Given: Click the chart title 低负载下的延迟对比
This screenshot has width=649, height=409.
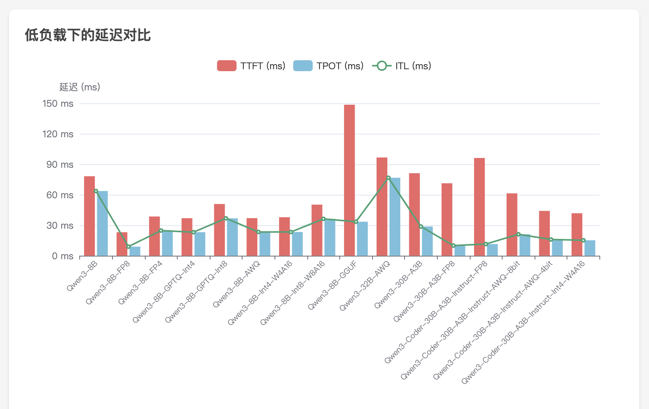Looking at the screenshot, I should pos(88,35).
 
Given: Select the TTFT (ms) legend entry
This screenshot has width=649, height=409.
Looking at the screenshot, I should pos(251,66).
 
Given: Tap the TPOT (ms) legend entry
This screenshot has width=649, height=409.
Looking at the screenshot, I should pos(328,66).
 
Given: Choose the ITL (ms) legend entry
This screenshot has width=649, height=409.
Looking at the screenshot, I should pos(402,66).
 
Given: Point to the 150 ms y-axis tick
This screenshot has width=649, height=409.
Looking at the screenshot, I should pos(58,104).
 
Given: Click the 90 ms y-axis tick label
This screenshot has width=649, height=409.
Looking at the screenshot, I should pos(60,165).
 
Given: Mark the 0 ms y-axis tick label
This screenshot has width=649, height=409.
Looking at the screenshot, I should pos(62,256).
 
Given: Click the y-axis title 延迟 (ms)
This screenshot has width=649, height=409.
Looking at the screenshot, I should pos(80,87).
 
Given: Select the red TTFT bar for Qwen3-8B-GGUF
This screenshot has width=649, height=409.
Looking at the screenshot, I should pos(349,180).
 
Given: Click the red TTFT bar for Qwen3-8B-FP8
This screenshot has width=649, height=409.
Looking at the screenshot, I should pos(122,244).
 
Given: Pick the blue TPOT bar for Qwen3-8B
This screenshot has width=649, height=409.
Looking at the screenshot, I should pos(102,223).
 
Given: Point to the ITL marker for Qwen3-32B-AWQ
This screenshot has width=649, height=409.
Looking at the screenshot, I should pos(389,178).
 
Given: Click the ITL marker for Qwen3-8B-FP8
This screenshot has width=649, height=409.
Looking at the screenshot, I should pos(128,247).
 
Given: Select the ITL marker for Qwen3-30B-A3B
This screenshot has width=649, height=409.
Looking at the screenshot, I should pos(421,226).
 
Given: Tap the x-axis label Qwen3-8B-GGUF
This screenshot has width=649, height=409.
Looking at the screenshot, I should pos(332,286).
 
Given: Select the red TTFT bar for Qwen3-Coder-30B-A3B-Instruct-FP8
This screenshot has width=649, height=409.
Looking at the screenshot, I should pos(480,207).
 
